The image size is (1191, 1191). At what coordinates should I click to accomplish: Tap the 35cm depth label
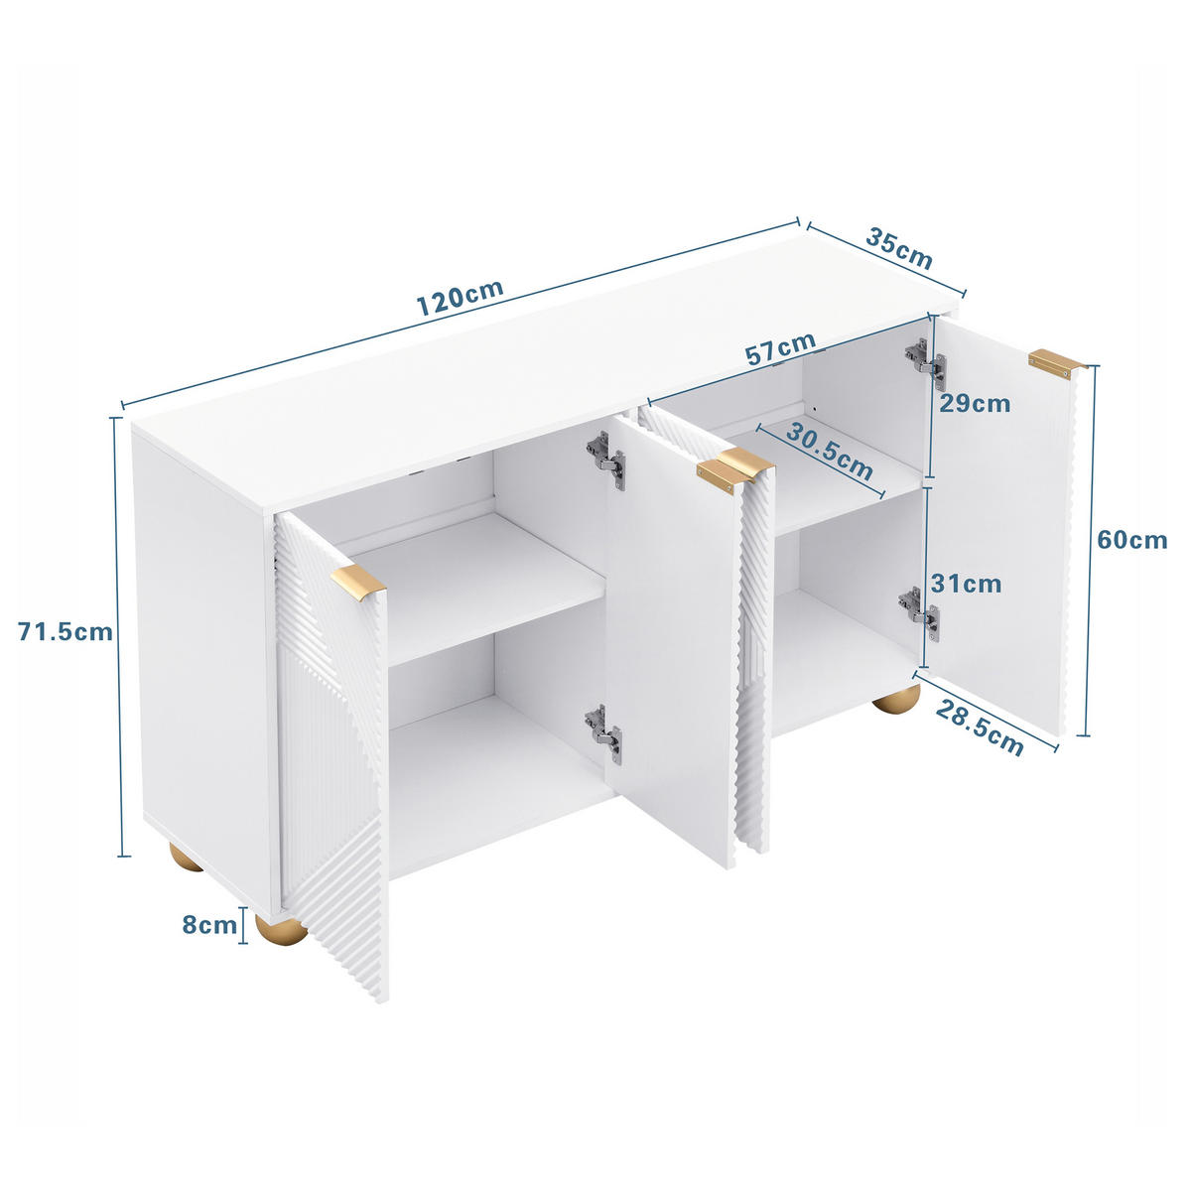click(899, 249)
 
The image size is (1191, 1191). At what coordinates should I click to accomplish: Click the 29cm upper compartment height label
click(977, 403)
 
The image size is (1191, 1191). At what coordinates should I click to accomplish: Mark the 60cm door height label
click(1131, 540)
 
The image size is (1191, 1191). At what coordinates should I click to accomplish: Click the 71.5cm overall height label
click(66, 631)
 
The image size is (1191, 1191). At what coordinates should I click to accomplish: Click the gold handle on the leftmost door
click(358, 581)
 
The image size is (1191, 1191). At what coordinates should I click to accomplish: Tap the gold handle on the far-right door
click(1056, 363)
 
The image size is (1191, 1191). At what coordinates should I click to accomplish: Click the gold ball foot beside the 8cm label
click(280, 930)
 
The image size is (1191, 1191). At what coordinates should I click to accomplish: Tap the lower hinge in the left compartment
click(603, 732)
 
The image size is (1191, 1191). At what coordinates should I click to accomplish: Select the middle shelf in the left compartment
click(476, 586)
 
